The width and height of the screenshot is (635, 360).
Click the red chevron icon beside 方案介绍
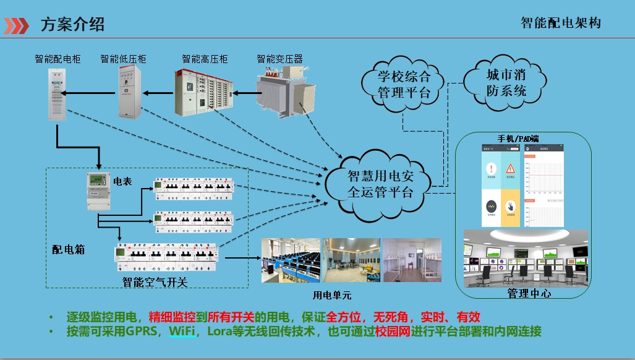[16, 25]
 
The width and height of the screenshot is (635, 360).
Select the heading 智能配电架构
[560, 24]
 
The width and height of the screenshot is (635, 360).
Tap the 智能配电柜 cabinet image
[56, 94]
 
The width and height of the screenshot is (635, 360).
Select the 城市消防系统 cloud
[506, 83]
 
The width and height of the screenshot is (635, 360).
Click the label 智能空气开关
[155, 283]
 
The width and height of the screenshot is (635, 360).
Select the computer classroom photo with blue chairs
[289, 260]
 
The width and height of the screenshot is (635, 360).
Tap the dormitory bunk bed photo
[412, 260]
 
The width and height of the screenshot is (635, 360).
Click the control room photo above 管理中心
[525, 258]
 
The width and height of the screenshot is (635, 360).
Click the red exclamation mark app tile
[491, 169]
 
